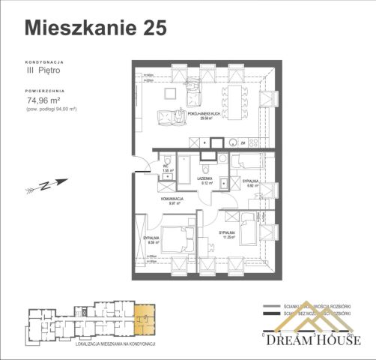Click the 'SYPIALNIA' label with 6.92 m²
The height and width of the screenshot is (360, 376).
point(251,182)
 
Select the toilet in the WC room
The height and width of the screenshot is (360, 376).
point(169,157)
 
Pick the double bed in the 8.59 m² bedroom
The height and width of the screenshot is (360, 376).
point(176,238)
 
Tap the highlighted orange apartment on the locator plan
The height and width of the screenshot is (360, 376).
point(142,320)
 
